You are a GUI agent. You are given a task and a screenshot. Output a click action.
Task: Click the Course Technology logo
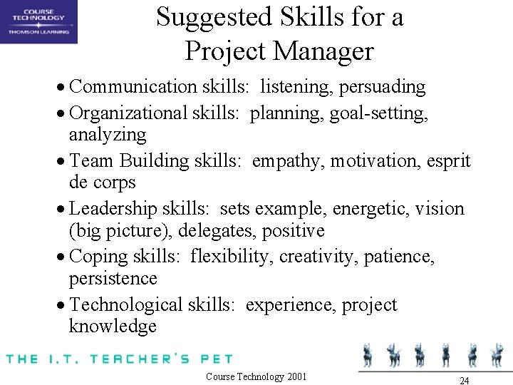38,21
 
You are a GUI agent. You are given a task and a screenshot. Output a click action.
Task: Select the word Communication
124,87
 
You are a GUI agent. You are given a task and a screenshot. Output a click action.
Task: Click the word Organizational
129,113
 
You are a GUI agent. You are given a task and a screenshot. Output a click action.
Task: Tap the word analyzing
108,135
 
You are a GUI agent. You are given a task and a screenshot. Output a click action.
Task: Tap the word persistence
113,278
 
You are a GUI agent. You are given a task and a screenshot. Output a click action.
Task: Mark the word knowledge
113,327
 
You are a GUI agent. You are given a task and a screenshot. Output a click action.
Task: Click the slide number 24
464,380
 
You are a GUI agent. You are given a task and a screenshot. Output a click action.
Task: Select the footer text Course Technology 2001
256,376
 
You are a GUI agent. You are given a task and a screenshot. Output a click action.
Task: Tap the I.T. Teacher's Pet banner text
118,358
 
